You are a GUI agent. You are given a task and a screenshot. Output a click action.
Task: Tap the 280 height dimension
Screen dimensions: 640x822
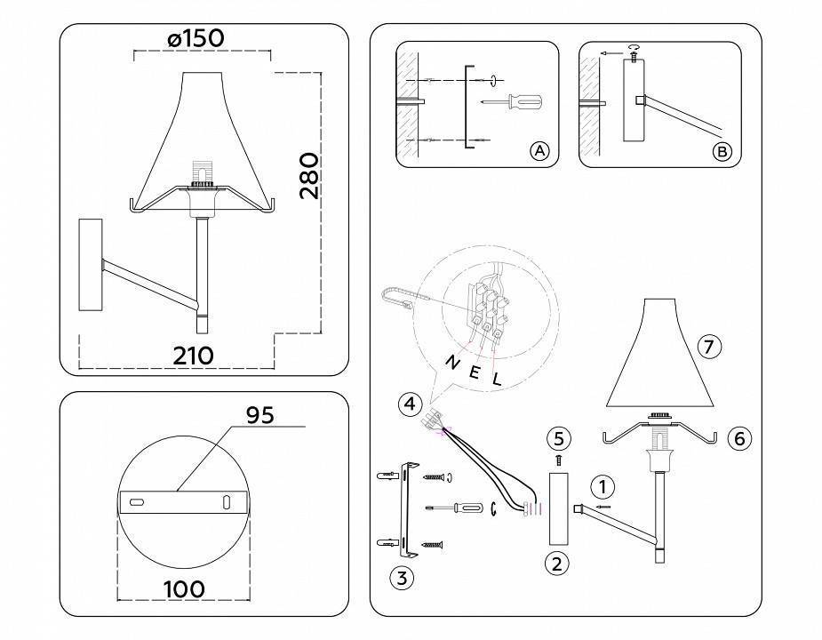tap(307, 176)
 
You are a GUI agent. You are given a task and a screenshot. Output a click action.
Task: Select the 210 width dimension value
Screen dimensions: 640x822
tap(193, 356)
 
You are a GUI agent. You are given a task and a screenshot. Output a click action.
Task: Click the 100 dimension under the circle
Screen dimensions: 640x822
tap(185, 588)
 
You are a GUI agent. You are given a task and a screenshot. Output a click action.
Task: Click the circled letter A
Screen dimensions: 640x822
tap(539, 151)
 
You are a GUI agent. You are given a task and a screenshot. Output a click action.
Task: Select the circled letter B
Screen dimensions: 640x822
tap(722, 152)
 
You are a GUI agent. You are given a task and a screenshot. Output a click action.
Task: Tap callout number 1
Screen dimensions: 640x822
tap(603, 486)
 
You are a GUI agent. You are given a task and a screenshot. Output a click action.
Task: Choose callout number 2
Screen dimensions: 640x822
tap(556, 562)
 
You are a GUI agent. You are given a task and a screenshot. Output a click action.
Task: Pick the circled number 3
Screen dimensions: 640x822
tap(402, 578)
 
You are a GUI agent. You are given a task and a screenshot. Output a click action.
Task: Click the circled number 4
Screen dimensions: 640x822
tap(409, 404)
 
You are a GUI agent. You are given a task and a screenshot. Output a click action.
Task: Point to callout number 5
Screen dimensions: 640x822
tap(558, 437)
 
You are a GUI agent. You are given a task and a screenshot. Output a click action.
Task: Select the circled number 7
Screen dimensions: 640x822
tap(708, 348)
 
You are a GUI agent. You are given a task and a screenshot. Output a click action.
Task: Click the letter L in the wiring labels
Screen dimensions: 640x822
tap(497, 378)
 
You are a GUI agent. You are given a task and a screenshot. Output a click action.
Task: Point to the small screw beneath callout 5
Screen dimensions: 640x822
tap(558, 460)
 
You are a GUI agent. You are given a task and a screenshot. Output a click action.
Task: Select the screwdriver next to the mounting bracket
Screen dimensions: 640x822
tap(454, 508)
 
